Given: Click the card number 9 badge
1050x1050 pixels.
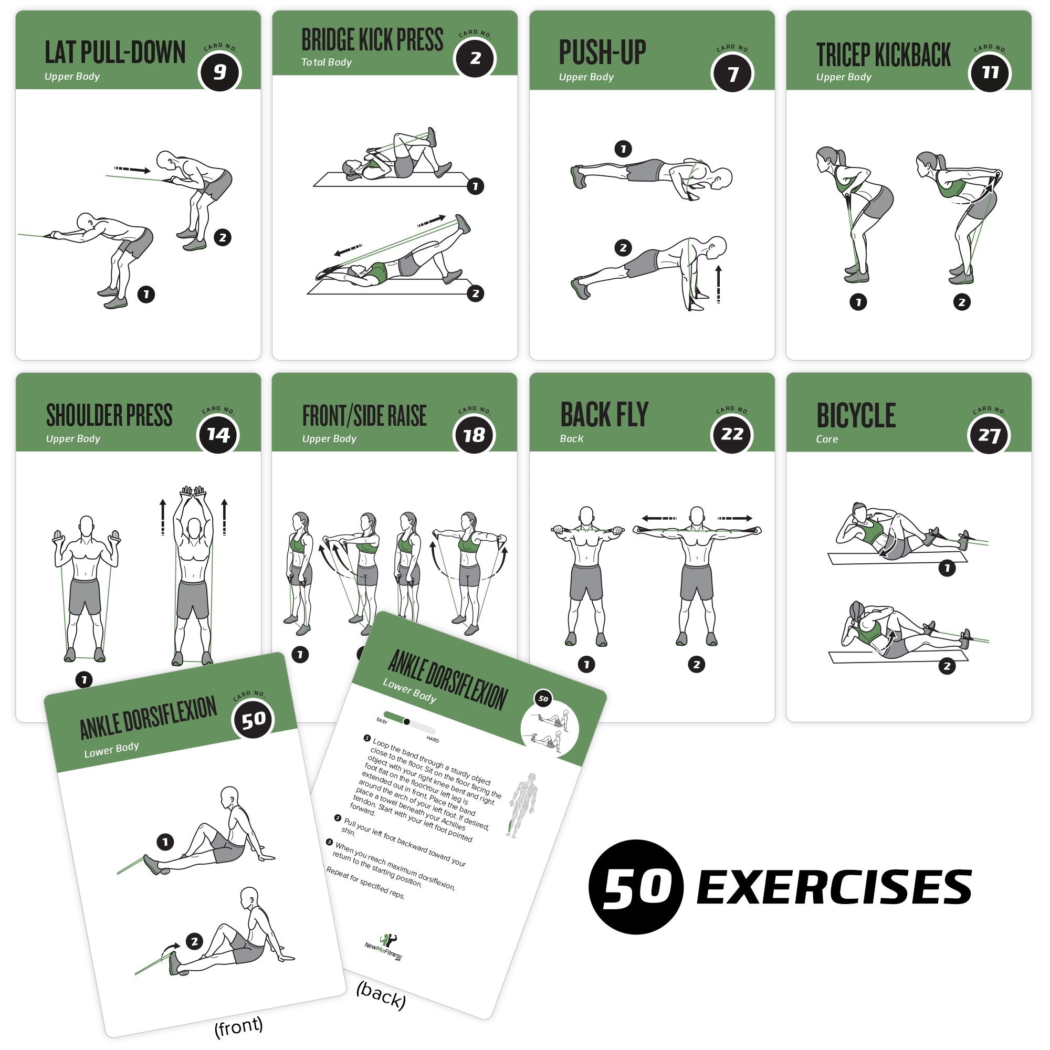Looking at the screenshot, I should click(219, 72).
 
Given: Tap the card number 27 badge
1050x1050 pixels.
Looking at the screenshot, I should click(989, 435).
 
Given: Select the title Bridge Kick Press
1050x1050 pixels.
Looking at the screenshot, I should click(372, 40).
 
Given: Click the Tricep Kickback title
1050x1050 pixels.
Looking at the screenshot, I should click(883, 55).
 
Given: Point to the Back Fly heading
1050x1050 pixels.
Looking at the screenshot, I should click(604, 415).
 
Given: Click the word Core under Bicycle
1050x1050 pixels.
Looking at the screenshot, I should click(827, 439).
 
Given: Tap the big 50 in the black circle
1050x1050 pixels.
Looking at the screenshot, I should click(635, 886).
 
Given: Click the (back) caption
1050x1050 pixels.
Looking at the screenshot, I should click(381, 995).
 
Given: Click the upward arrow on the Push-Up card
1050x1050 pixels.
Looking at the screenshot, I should click(719, 283).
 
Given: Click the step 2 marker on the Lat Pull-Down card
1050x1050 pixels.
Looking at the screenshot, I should click(222, 237).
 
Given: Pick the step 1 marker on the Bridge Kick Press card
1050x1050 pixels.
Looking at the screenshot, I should click(475, 186).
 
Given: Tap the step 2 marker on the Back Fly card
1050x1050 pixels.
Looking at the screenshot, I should click(696, 664).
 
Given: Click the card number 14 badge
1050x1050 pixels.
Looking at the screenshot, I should click(218, 434).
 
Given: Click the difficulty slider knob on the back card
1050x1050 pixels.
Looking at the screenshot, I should click(406, 722).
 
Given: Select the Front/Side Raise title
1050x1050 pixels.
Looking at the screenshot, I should click(364, 416).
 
